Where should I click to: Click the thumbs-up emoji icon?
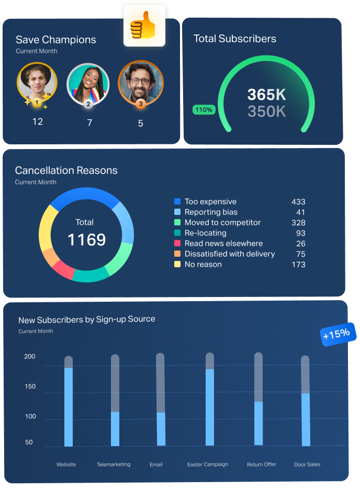point(144,27)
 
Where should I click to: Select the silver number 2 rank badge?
point(88,104)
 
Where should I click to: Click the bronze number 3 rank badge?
point(140,104)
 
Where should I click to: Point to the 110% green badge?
point(204,110)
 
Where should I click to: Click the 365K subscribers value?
point(266,95)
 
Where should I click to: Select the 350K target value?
point(266,111)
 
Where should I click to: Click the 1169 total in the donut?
point(86,239)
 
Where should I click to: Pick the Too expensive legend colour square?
point(177,201)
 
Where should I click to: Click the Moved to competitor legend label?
point(222,222)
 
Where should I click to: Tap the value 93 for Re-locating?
point(300,233)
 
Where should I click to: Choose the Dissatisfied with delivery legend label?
point(229,254)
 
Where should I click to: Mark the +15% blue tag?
point(339,334)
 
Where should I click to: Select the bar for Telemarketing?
point(115,428)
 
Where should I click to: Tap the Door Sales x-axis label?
point(307,464)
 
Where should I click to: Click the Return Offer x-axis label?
point(262,464)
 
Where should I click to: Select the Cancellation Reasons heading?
point(66,170)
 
